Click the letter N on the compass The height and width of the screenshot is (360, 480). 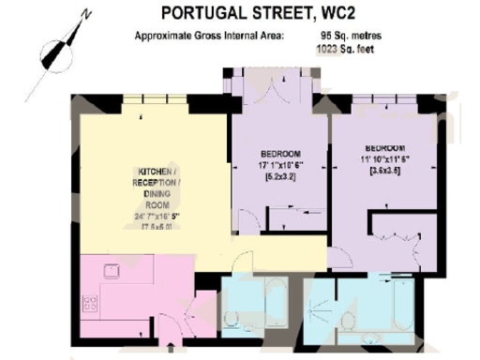tap(85, 15)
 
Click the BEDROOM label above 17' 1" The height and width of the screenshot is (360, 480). tap(280, 154)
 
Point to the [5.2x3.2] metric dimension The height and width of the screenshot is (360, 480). tap(280, 176)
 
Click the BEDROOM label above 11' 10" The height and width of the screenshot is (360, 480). tap(384, 148)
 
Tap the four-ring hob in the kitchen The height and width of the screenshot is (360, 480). tap(91, 304)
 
